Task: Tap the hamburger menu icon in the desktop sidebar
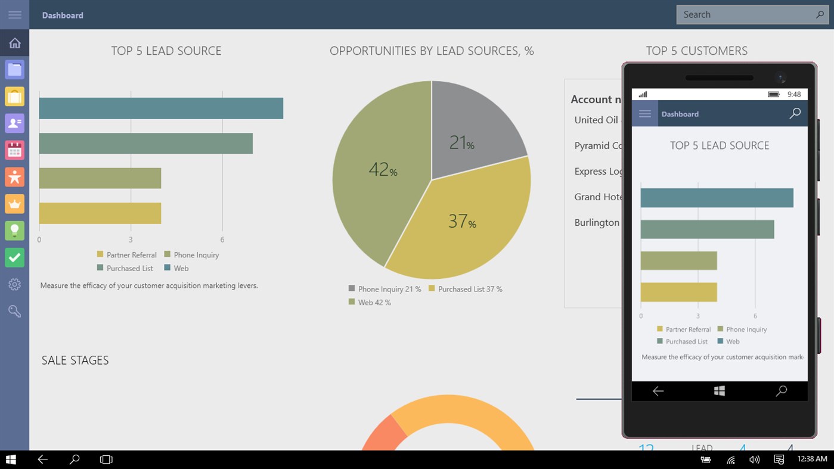coord(15,15)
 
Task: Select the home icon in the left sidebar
coord(15,43)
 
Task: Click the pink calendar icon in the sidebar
coord(15,150)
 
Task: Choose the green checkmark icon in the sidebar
coord(15,257)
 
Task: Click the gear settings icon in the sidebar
coord(15,285)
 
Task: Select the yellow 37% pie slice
coord(465,226)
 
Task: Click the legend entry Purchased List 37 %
coord(470,289)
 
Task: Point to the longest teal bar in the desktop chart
coord(161,108)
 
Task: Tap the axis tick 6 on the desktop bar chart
coord(222,240)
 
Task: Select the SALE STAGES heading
coord(75,361)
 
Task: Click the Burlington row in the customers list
coord(597,222)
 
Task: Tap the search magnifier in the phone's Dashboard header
coord(795,113)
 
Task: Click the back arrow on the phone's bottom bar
coord(658,391)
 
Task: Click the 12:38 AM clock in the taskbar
coord(812,459)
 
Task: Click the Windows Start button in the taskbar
coord(11,459)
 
